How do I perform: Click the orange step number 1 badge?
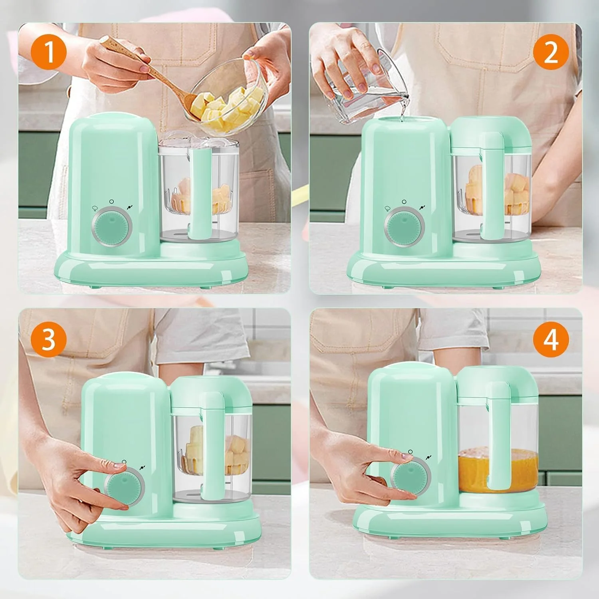point(49,52)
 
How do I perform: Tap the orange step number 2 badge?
point(551,52)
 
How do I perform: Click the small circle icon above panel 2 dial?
point(404,202)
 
